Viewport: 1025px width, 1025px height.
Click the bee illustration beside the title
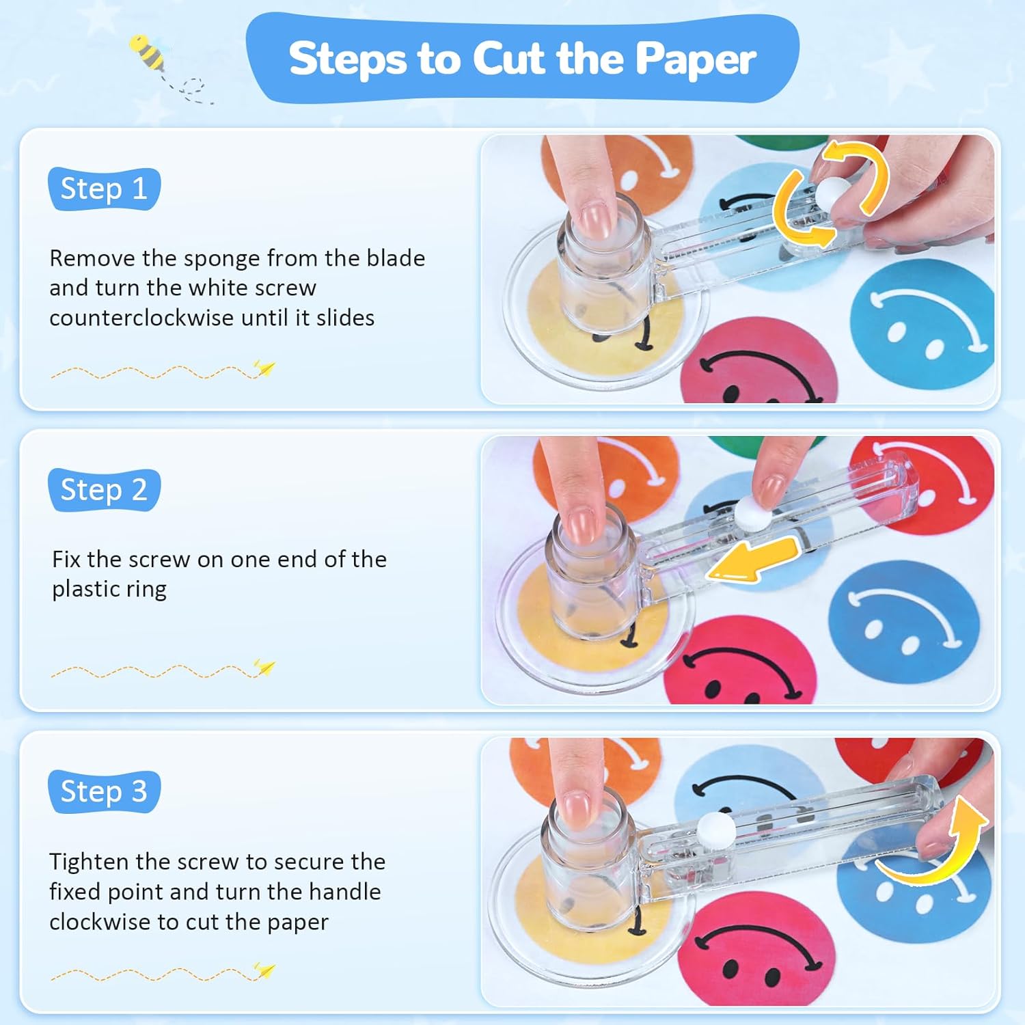tap(148, 53)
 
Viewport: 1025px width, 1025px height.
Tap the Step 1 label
tap(104, 189)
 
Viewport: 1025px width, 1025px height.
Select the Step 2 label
tap(104, 490)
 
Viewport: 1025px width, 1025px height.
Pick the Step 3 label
tap(104, 791)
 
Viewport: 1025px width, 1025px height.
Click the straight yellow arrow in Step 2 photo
tap(752, 559)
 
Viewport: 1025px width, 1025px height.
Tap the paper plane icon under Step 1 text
tap(264, 369)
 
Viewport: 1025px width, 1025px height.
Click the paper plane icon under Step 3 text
tap(264, 970)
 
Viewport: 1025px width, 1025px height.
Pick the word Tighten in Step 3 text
tap(89, 862)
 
